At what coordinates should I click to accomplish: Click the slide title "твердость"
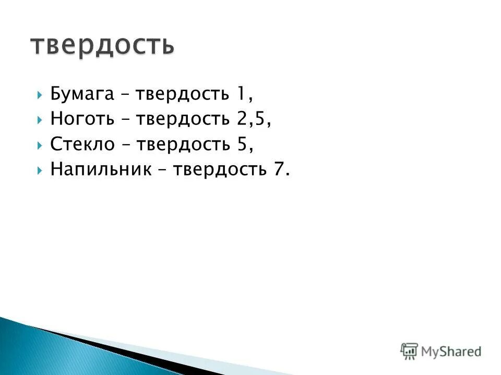click(102, 45)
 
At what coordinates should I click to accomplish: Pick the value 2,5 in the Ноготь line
click(253, 119)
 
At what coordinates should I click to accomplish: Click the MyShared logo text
click(452, 352)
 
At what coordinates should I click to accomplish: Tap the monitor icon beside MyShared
click(409, 351)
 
